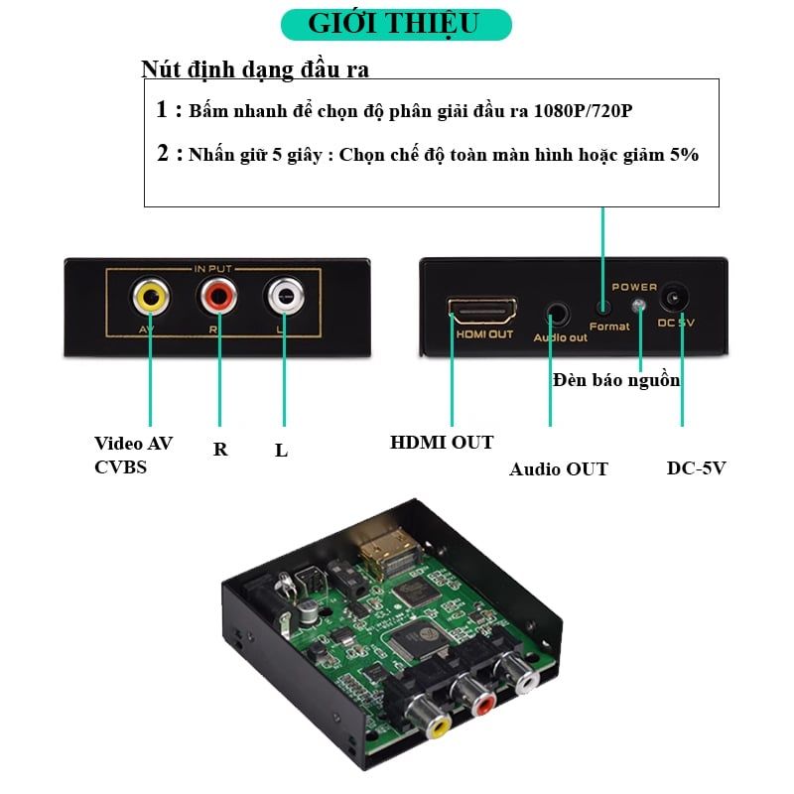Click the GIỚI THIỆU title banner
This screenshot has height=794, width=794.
pyautogui.click(x=395, y=24)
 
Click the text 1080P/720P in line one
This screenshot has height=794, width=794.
pyautogui.click(x=583, y=110)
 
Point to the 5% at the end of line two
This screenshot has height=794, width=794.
pyautogui.click(x=684, y=155)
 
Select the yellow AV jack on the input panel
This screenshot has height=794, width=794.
pyautogui.click(x=151, y=295)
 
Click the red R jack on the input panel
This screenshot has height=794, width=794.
pyautogui.click(x=217, y=295)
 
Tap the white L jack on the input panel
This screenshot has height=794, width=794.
pyautogui.click(x=284, y=295)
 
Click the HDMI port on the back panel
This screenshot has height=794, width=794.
pyautogui.click(x=483, y=310)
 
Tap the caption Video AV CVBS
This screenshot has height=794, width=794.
pyautogui.click(x=133, y=455)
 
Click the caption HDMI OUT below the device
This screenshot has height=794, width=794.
pyautogui.click(x=442, y=443)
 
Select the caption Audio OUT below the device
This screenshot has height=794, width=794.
pyautogui.click(x=559, y=468)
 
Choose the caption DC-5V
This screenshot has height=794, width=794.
pyautogui.click(x=696, y=467)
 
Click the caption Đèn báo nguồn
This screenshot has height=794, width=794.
pyautogui.click(x=616, y=380)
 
